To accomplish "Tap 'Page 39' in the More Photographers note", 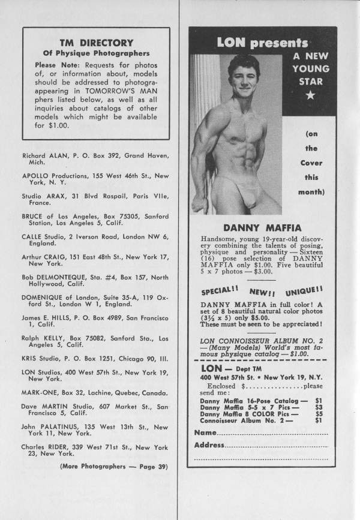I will coord(152,465).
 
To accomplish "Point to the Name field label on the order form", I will coord(205,432).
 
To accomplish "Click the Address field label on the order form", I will coord(209,446).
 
